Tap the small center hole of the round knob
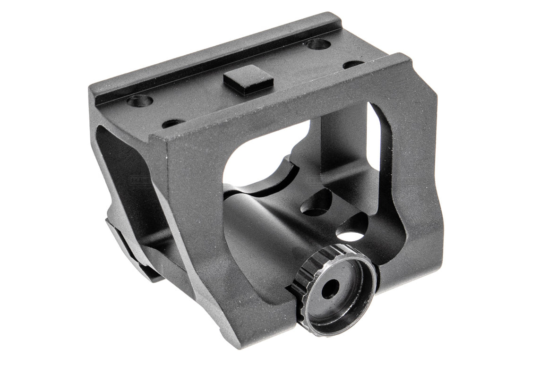330,289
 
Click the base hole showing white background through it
351,235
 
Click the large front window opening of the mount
265,151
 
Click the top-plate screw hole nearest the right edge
353,64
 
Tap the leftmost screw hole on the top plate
140,100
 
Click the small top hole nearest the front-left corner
173,123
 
